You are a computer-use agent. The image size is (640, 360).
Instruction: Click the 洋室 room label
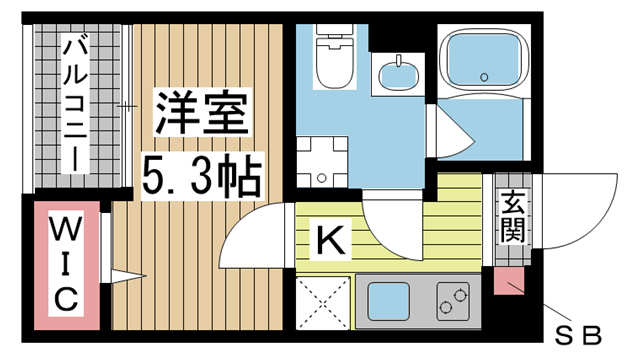pyautogui.click(x=202, y=114)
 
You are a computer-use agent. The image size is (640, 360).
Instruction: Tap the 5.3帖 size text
pyautogui.click(x=202, y=176)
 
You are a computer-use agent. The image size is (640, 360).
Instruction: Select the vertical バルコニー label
pyautogui.click(x=75, y=104)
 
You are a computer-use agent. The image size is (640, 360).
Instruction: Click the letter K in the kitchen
pyautogui.click(x=331, y=240)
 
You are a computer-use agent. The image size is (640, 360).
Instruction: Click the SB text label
pyautogui.click(x=578, y=336)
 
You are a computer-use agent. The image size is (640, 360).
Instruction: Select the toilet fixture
pyautogui.click(x=335, y=56)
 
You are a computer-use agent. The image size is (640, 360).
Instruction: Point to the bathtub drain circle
pyautogui.click(x=484, y=77)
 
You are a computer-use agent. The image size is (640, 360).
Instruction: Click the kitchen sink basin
pyautogui.click(x=389, y=301)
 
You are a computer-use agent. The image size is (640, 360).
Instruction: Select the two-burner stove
pyautogui.click(x=453, y=301)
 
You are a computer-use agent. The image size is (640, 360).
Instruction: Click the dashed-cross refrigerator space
pyautogui.click(x=323, y=302)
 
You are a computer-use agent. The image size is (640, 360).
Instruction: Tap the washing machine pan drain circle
pyautogui.click(x=322, y=178)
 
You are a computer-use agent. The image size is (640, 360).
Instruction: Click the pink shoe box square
pyautogui.click(x=509, y=280)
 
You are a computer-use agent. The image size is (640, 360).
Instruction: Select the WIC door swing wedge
pyautogui.click(x=128, y=276)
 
